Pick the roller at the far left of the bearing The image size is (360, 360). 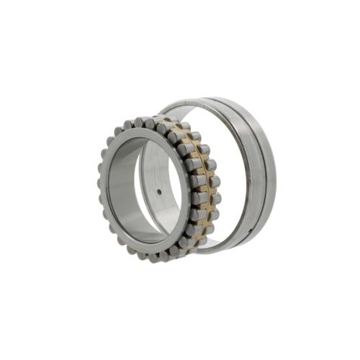click(x=101, y=183)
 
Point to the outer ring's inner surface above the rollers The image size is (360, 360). click(x=194, y=108)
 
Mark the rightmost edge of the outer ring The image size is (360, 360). click(x=276, y=173)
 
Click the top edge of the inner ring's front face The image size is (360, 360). click(x=144, y=130)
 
